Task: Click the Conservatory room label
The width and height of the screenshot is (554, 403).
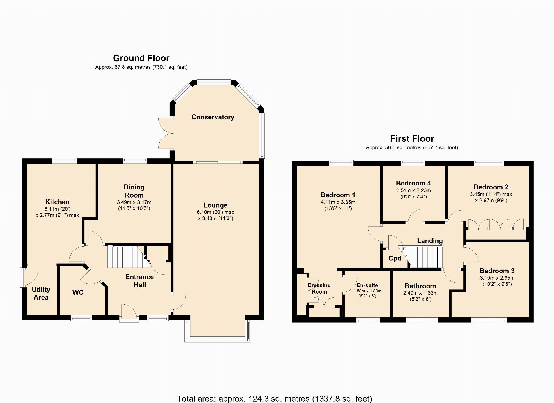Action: click(213, 117)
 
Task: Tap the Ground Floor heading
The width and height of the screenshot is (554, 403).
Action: click(141, 58)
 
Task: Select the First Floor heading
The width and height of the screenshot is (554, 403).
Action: click(412, 139)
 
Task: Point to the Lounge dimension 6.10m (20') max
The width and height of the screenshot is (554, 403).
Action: click(216, 212)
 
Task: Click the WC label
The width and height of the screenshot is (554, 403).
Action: click(78, 292)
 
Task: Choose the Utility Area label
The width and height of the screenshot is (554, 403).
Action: click(41, 294)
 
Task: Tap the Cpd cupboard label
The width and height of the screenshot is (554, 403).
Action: click(395, 259)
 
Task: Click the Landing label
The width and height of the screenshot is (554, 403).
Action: click(430, 241)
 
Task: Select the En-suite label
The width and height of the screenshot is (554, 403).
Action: click(367, 285)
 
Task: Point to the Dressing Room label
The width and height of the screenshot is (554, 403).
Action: click(319, 289)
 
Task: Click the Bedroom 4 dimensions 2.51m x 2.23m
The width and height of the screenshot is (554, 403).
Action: click(414, 190)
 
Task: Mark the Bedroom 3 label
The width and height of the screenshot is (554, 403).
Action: click(497, 271)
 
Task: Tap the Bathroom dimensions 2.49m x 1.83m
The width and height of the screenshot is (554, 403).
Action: click(420, 293)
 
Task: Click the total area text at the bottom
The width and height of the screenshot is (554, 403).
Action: click(274, 399)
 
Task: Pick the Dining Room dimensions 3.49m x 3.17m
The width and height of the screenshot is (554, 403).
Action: click(134, 202)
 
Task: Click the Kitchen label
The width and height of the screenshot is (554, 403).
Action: click(57, 202)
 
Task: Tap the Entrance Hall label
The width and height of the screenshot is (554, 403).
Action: click(140, 281)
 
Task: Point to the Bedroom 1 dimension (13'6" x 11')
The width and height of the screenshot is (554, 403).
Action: click(338, 208)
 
